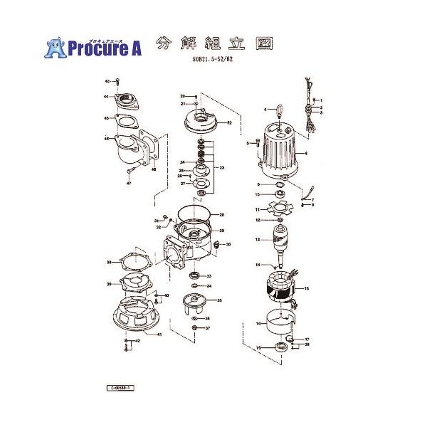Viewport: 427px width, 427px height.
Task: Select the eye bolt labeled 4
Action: [278, 110]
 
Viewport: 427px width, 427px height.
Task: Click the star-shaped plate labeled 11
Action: [278, 209]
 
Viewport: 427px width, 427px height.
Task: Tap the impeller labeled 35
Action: [194, 302]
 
